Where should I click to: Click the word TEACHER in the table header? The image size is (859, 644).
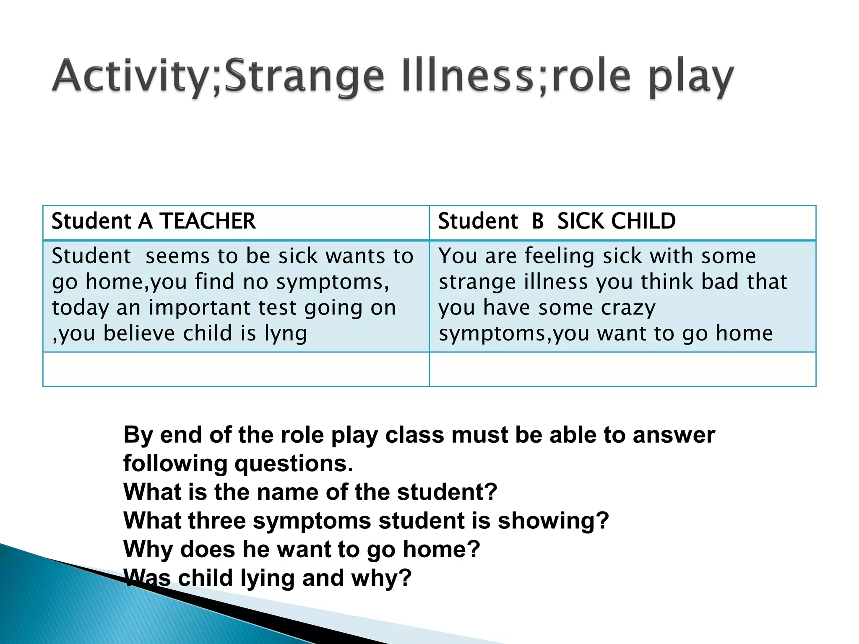tap(208, 221)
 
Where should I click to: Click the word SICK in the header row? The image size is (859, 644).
tap(581, 221)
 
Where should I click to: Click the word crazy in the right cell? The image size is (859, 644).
tap(628, 308)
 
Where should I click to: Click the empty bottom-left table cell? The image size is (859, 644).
tap(236, 369)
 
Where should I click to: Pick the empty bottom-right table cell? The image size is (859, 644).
tap(622, 369)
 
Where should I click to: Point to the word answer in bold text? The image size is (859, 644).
tap(674, 435)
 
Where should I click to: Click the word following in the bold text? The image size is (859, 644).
tap(175, 464)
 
